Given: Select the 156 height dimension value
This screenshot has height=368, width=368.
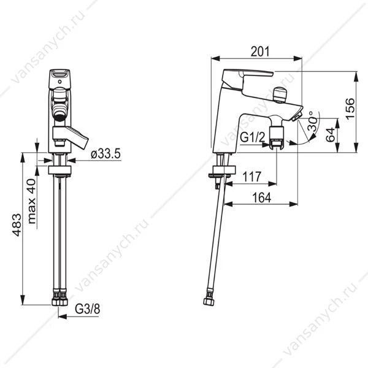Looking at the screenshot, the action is coord(350,109).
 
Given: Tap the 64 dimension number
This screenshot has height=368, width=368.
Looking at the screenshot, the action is coord(331,135).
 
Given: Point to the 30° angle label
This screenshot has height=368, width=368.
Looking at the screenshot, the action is coord(312,121).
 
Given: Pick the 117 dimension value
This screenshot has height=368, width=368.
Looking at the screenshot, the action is coord(251,177).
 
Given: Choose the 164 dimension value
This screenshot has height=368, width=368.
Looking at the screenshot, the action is coord(261,197).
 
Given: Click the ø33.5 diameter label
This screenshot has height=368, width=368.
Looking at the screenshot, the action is coord(105,154).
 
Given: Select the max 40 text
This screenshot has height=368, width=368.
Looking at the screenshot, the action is coord(32,201).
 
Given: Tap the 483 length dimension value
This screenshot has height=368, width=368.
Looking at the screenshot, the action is coord(17,225).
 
